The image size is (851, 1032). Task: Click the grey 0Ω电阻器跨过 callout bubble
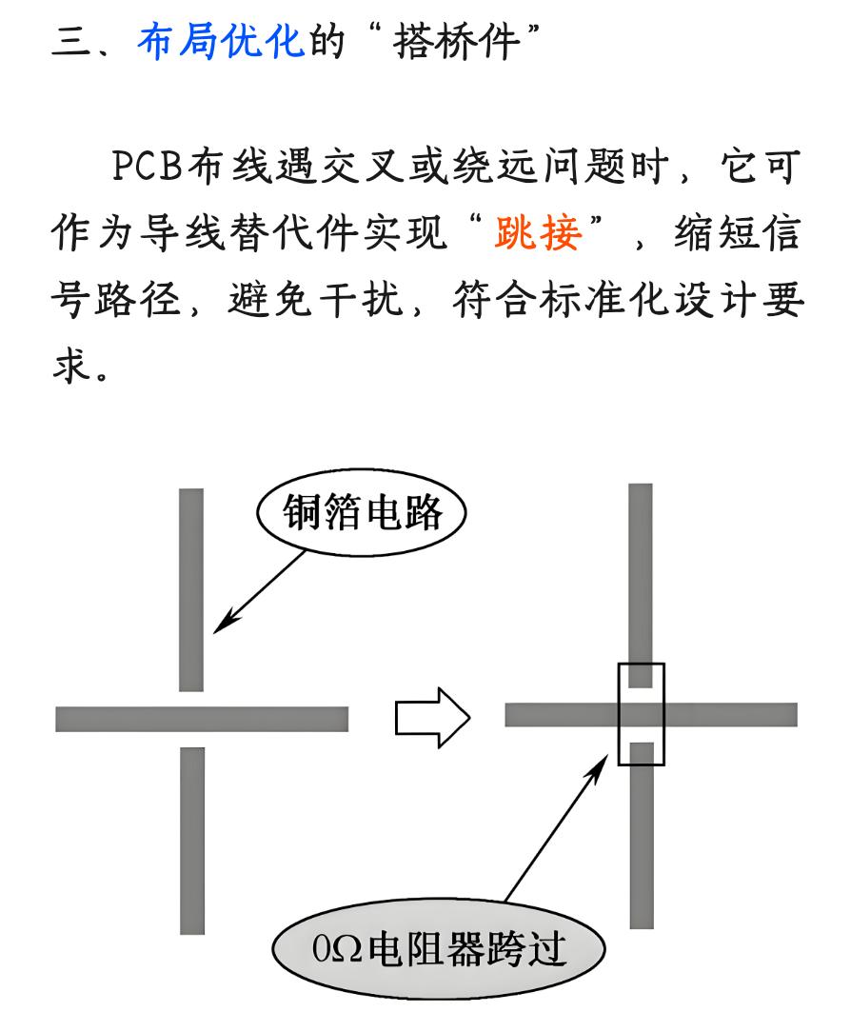point(439,949)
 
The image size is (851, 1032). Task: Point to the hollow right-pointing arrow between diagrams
point(432,717)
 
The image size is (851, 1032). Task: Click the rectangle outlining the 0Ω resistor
point(641,714)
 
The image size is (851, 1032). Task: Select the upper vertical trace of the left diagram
point(191,589)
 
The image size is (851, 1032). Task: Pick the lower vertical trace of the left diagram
point(191,839)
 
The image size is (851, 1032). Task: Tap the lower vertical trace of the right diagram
point(642,838)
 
